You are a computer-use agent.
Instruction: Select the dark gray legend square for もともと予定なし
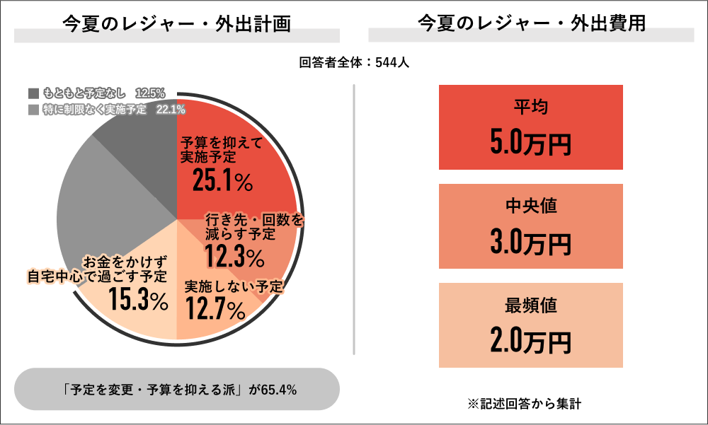tap(33, 93)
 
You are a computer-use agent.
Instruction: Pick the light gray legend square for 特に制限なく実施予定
tap(33, 110)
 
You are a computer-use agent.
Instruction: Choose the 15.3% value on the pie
tap(138, 301)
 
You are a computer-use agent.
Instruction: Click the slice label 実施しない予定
tap(234, 287)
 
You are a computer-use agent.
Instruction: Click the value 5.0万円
tap(531, 144)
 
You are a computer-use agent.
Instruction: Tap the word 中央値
tap(531, 206)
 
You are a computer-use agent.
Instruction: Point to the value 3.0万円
tap(531, 243)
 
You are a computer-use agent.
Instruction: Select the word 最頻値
tap(531, 305)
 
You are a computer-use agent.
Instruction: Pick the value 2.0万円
tap(531, 342)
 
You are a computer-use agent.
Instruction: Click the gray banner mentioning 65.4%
tap(177, 389)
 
